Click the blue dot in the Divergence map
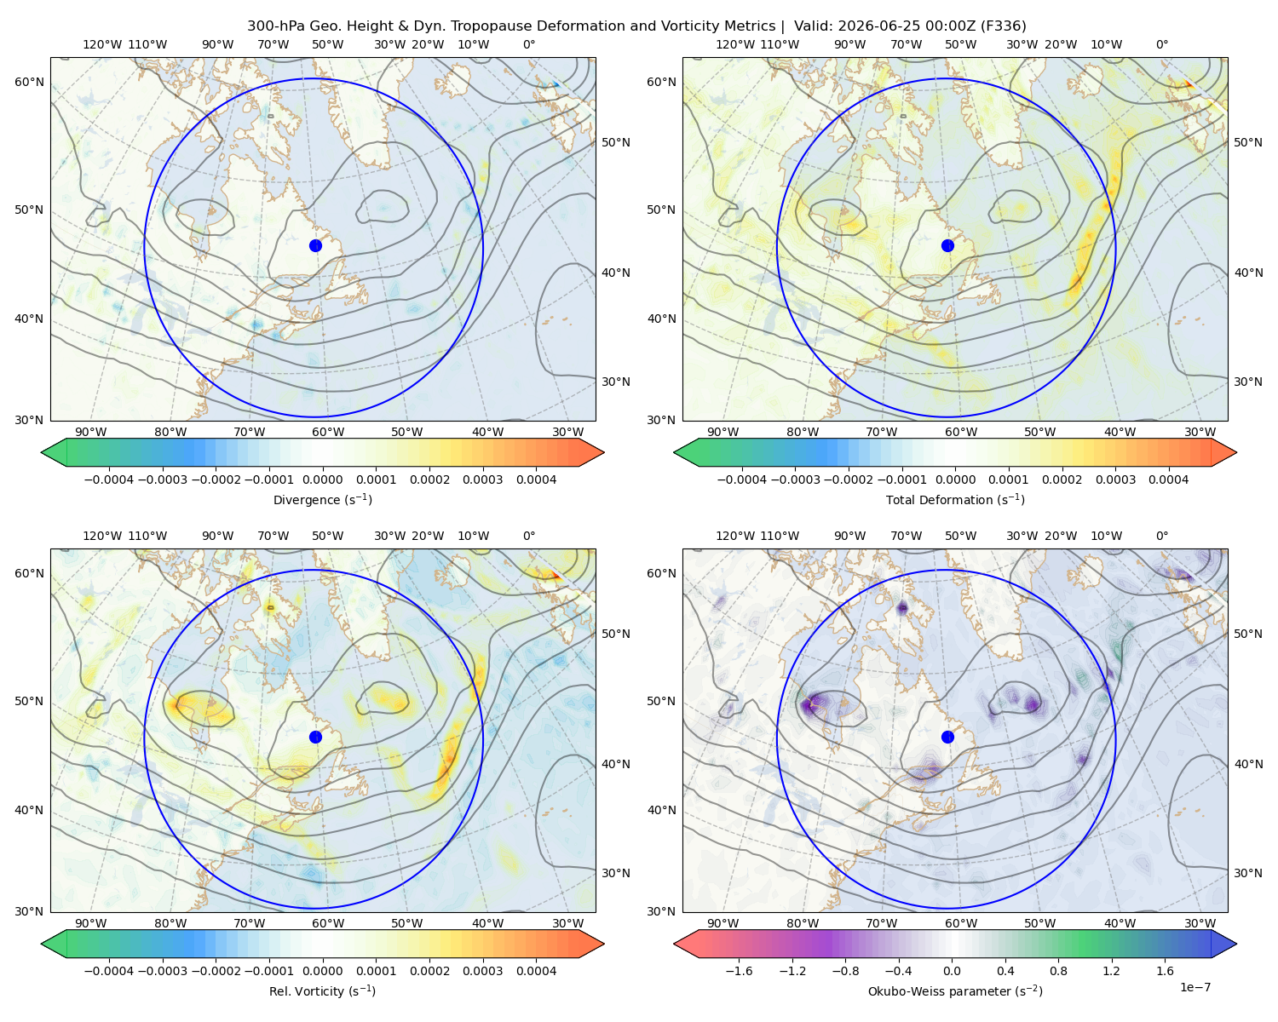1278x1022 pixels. [315, 245]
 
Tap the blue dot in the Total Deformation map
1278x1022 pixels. [947, 245]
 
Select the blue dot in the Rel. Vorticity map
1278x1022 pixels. [315, 737]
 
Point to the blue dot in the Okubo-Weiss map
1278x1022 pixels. [947, 737]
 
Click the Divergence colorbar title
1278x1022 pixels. [322, 499]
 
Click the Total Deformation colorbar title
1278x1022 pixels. [955, 499]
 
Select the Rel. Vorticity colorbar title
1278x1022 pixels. [322, 990]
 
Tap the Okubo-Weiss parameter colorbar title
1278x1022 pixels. [955, 990]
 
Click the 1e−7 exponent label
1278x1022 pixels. [1195, 987]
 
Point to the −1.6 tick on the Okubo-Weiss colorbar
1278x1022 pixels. [739, 970]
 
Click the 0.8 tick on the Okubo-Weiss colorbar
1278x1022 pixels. [1058, 970]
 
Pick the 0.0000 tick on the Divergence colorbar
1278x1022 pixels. [322, 479]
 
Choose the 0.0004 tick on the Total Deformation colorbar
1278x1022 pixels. [1168, 479]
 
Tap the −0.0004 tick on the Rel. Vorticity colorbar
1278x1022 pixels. [109, 970]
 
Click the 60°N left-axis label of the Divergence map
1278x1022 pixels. [29, 82]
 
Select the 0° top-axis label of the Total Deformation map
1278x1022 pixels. [1161, 44]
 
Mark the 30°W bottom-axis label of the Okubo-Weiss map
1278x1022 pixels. [1200, 923]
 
